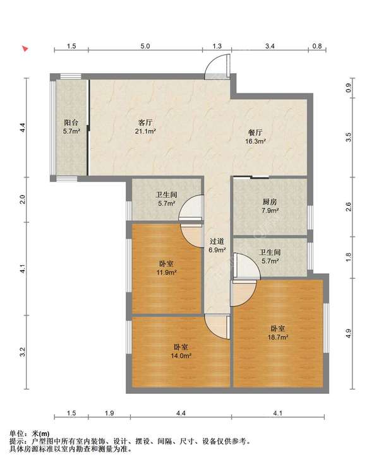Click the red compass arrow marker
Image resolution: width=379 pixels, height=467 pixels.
[x=25, y=49]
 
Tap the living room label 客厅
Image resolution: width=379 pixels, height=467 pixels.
[x=145, y=122]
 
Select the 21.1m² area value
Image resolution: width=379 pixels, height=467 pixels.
[x=145, y=131]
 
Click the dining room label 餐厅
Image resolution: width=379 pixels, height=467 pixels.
[x=255, y=133]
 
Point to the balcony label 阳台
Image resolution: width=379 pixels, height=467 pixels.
[x=71, y=122]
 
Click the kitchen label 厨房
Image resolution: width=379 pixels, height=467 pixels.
[x=270, y=202]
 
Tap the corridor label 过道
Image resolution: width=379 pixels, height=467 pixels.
[x=217, y=241]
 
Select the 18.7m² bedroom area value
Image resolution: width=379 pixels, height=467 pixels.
[x=278, y=337]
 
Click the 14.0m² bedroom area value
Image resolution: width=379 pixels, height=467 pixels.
[x=181, y=355]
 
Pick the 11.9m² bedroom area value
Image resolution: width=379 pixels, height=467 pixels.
[x=167, y=272]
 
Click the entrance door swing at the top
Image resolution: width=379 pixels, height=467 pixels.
[x=218, y=66]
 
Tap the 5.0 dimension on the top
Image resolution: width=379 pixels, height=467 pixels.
[x=145, y=46]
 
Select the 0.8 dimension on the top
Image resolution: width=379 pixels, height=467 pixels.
[x=317, y=46]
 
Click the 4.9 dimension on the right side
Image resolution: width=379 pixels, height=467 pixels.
[x=348, y=333]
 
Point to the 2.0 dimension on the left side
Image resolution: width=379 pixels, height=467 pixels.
[x=23, y=199]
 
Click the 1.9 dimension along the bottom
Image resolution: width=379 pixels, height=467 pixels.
[x=109, y=413]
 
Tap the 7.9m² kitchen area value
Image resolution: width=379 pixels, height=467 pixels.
[x=270, y=211]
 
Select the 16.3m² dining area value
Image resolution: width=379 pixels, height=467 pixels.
[x=256, y=141]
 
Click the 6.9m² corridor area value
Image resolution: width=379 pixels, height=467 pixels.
[x=217, y=250]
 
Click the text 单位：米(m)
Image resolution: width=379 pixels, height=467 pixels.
[x=30, y=434]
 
